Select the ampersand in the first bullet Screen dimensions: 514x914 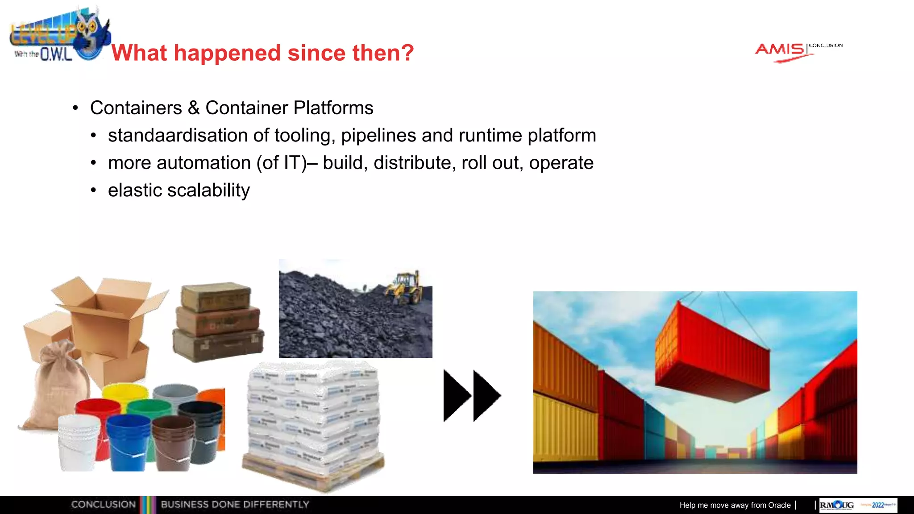(193, 108)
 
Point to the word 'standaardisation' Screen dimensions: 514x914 (178, 136)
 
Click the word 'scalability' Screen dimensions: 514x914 (208, 191)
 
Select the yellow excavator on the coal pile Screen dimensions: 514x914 (405, 287)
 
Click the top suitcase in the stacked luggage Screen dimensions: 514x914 (216, 297)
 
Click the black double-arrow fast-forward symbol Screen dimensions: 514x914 (472, 395)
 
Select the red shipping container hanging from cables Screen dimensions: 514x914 (712, 352)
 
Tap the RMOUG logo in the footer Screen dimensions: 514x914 (837, 505)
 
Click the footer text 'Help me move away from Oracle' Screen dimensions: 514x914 (735, 505)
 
